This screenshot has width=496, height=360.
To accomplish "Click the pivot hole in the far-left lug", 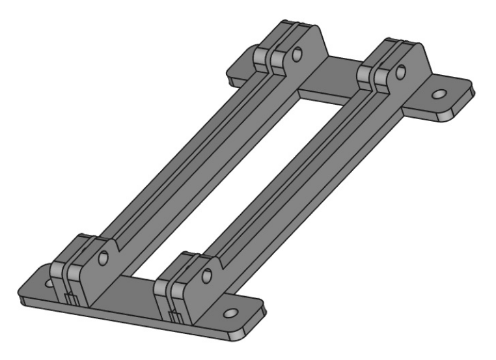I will (x=297, y=55).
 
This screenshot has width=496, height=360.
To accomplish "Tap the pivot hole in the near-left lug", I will (x=102, y=260).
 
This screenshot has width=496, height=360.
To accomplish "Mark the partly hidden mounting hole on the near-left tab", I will (x=48, y=284).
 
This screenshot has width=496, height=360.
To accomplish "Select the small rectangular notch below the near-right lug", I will (x=175, y=316).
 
